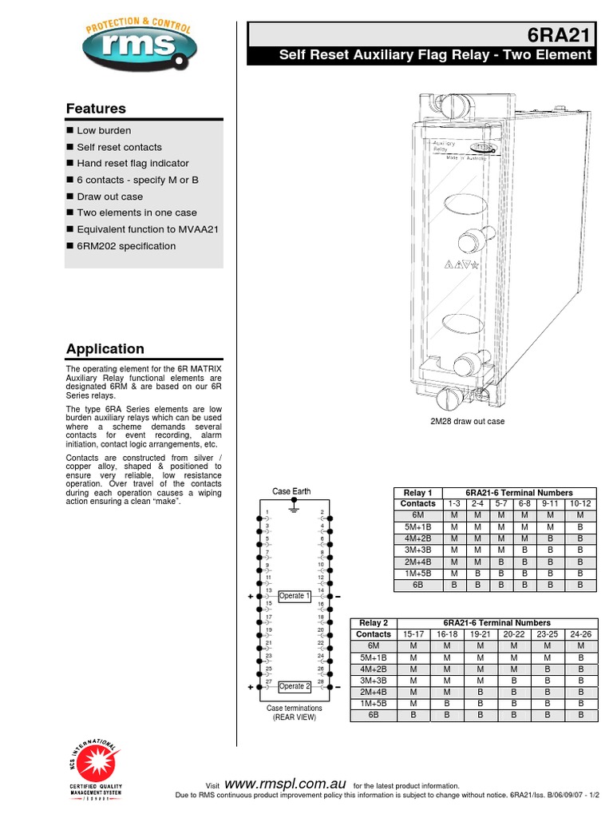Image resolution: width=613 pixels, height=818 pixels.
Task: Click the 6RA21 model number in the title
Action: [560, 35]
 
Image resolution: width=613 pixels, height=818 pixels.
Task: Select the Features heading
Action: [96, 109]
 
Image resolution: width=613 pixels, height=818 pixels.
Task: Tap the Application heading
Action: [105, 349]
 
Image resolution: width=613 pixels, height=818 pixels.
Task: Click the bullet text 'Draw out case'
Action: [109, 197]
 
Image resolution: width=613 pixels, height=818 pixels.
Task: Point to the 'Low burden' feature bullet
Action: [104, 130]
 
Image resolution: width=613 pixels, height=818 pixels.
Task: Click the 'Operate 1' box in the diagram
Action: [294, 596]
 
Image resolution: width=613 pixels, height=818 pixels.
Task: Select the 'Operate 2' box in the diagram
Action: [294, 686]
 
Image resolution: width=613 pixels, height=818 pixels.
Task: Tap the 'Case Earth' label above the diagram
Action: [291, 491]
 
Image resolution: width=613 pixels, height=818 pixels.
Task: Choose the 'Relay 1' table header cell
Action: [418, 493]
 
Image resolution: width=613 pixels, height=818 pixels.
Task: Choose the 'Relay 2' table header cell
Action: [374, 623]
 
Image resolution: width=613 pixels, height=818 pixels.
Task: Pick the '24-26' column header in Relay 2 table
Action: [580, 634]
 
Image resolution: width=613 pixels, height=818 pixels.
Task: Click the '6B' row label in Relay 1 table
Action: [418, 586]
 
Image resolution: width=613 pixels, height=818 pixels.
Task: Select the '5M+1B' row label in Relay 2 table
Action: [374, 657]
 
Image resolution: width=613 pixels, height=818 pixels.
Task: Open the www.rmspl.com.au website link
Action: [286, 784]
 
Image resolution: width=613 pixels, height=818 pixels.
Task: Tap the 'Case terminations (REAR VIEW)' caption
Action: [295, 713]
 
